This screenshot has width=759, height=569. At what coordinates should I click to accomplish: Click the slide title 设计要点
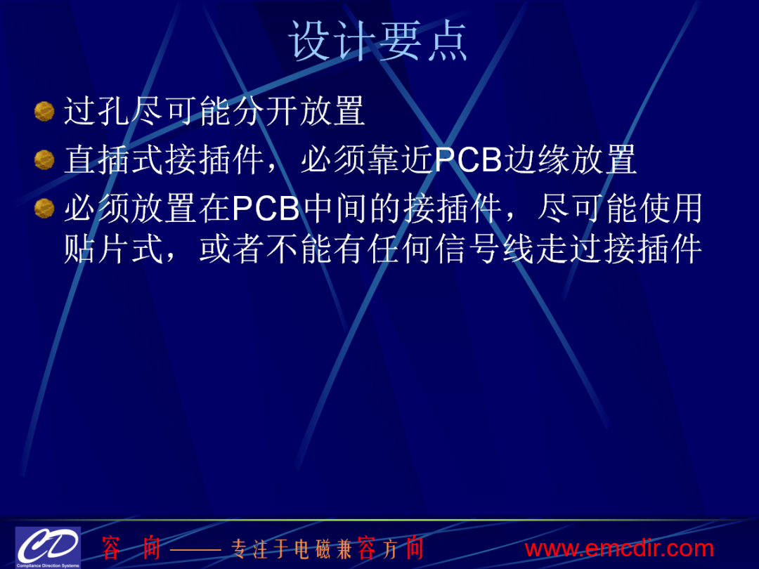coord(377,41)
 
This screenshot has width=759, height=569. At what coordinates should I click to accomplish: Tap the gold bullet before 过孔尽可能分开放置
coord(44,111)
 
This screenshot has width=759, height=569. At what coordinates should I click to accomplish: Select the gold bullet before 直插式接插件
coord(44,160)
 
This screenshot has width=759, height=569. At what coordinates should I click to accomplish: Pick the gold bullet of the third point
coord(44,209)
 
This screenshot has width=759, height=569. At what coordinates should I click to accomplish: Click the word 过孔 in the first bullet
coord(97,111)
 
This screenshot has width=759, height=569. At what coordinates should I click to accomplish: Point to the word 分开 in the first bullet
coord(265,111)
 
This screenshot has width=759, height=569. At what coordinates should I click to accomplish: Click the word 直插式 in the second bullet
coord(114,159)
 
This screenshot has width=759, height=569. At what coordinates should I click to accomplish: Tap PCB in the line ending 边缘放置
coord(468,159)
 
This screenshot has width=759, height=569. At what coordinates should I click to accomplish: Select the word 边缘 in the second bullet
coord(536,159)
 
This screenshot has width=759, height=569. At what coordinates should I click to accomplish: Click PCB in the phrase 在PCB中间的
coord(266,209)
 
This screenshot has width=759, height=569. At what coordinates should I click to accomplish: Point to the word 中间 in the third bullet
coord(334,209)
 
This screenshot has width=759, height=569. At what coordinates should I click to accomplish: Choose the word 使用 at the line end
coord(670,209)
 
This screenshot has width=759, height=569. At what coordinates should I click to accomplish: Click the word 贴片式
coord(114,249)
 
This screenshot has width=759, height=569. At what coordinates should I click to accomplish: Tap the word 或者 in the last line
coord(232,249)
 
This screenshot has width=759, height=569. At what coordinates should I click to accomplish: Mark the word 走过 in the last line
coord(569,249)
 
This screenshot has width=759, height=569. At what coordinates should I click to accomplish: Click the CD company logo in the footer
coord(48,547)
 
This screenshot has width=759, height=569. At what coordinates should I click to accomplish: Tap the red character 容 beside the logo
coord(111,549)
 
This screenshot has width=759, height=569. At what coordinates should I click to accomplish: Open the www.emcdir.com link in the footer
coord(619,549)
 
